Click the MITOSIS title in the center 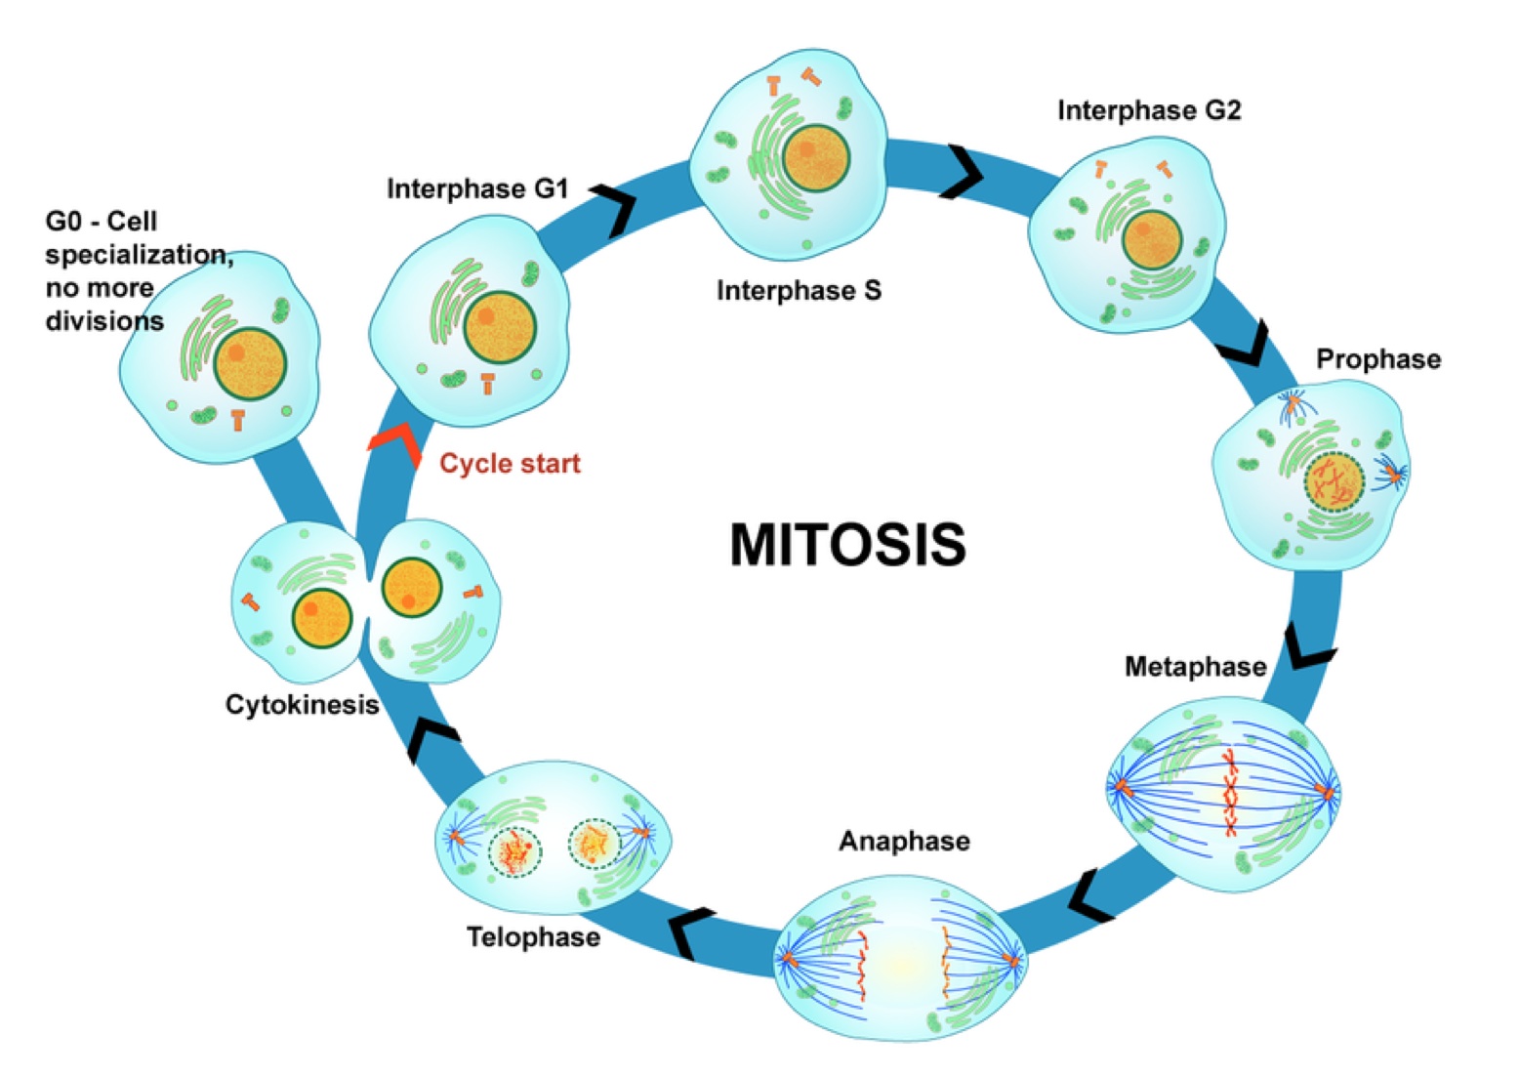[847, 544]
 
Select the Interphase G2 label [1149, 110]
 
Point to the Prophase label [1378, 359]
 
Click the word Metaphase [1196, 666]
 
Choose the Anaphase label [905, 842]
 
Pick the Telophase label [534, 937]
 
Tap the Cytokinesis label [302, 705]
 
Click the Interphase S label [799, 290]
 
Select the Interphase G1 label [477, 188]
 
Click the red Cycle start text [510, 464]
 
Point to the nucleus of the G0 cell [250, 364]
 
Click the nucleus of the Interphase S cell [815, 158]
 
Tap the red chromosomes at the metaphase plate [1229, 793]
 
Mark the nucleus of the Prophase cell [1334, 482]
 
